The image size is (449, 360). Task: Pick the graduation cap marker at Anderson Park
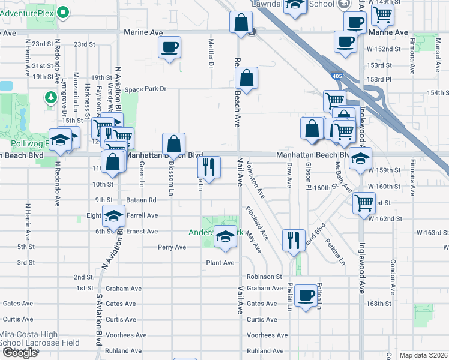pyautogui.click(x=225, y=239)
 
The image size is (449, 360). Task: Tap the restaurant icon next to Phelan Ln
pyautogui.click(x=293, y=240)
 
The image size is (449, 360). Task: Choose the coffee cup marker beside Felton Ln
pyautogui.click(x=306, y=295)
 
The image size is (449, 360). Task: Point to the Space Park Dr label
pyautogui.click(x=145, y=89)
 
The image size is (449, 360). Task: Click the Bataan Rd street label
pyautogui.click(x=142, y=200)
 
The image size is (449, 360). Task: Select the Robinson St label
pyautogui.click(x=264, y=277)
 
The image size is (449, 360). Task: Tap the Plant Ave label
pyautogui.click(x=220, y=263)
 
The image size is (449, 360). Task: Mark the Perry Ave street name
pyautogui.click(x=172, y=247)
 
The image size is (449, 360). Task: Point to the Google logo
pyautogui.click(x=20, y=353)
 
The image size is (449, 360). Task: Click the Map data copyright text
pyautogui.click(x=423, y=355)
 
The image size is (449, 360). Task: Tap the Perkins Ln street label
pyautogui.click(x=336, y=254)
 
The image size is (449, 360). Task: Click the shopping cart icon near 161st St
pyautogui.click(x=364, y=203)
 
